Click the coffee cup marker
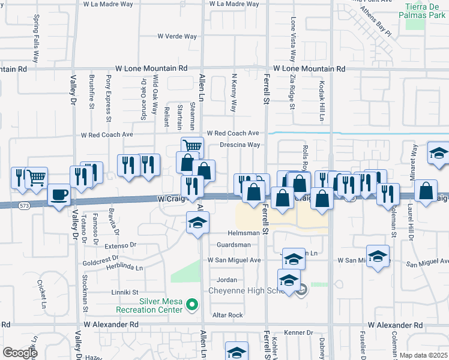coord(59,194)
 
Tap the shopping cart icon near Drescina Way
coord(192,146)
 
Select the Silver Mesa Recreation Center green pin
coord(192,306)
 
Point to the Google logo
coord(20,353)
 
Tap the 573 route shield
coord(24,206)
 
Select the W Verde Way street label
coord(177,37)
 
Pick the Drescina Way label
coord(240,145)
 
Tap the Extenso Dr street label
coord(121,245)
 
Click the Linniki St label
coord(124,292)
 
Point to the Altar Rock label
coord(228,315)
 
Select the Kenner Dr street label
coord(298,332)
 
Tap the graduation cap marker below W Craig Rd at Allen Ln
coord(197,223)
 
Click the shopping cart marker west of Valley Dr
coord(37,177)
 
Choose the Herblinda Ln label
coord(125,268)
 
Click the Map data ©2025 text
coord(423,355)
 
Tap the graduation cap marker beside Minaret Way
coord(438,152)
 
